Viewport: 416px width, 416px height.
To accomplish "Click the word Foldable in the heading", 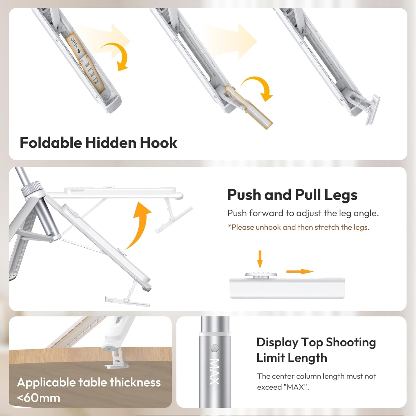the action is click(51, 143).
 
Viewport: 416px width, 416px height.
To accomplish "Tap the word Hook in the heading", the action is click(158, 143).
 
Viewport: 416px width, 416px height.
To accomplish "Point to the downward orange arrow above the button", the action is click(260, 259).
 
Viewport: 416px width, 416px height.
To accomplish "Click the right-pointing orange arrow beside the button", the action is click(300, 272).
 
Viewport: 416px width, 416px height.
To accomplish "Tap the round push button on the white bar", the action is click(261, 275).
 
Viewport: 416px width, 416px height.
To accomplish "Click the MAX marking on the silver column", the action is click(214, 371).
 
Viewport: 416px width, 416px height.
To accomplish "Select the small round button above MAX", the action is click(215, 348).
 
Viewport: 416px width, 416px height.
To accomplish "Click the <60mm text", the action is click(39, 398).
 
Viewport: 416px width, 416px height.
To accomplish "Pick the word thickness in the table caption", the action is click(135, 382).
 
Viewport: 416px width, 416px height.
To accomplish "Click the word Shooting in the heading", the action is click(351, 342).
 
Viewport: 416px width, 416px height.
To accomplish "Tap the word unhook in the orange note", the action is click(268, 227).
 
